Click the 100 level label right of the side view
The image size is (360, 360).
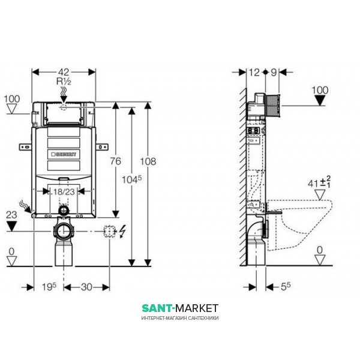(321, 89)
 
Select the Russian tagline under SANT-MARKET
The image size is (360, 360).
(179, 316)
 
